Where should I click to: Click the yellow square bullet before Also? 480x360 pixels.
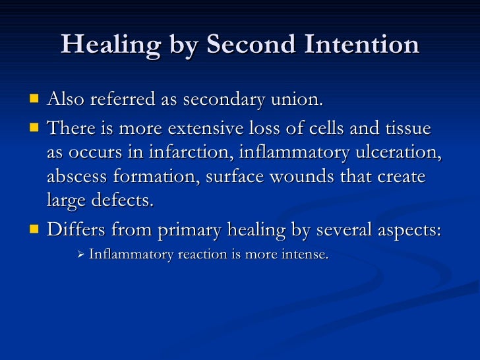pyautogui.click(x=34, y=100)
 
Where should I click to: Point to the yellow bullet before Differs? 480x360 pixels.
pyautogui.click(x=34, y=230)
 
